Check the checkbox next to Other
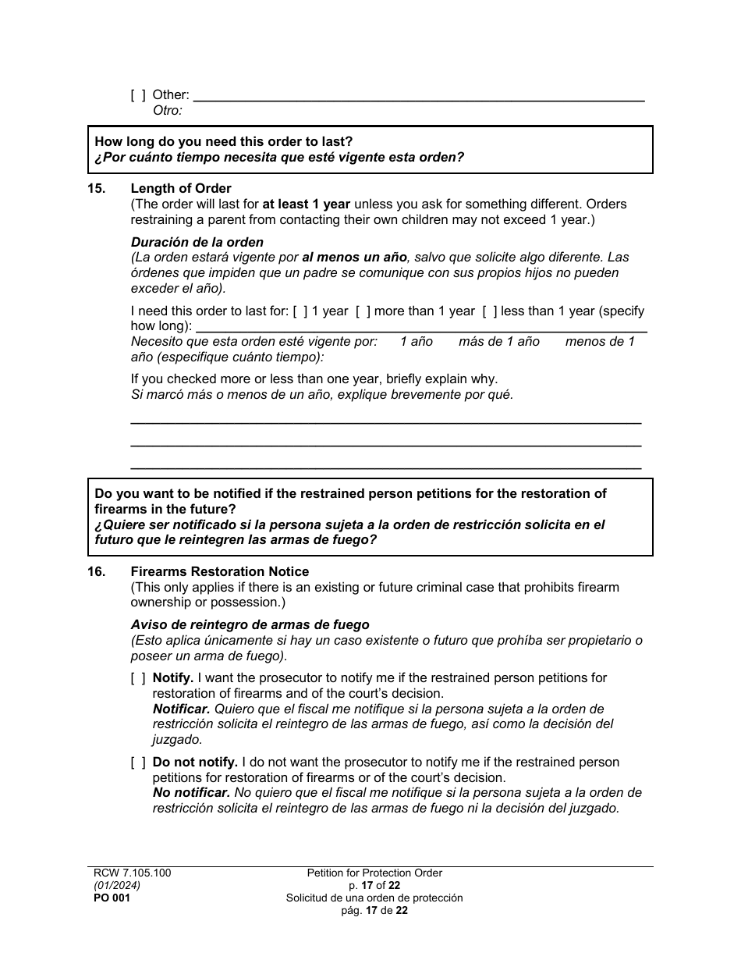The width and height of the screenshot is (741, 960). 138,95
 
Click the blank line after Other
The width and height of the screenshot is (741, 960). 418,97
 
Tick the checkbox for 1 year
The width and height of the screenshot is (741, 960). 300,311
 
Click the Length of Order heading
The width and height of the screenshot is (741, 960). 181,189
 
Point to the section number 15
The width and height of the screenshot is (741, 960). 96,189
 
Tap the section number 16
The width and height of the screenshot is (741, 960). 96,572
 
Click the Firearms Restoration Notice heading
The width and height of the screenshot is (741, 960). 220,572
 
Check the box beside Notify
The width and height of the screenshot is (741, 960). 138,678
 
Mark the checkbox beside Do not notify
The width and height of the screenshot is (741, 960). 138,763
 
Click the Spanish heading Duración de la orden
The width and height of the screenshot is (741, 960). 197,242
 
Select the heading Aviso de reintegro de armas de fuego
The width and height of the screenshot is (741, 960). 250,625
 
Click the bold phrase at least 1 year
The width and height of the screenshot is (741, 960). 306,204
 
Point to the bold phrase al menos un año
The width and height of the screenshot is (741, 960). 355,258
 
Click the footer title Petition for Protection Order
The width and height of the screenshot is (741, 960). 374,873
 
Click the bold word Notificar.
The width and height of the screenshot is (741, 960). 181,709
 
